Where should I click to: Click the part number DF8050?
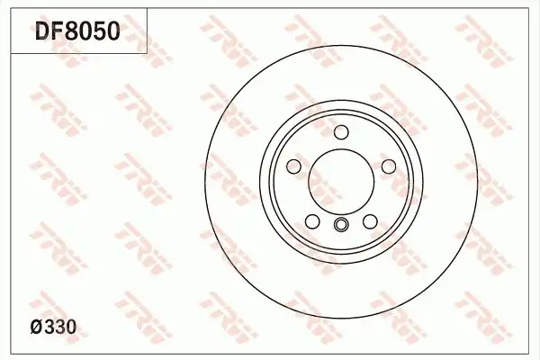tap(76, 31)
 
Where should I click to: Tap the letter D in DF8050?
tap(42, 31)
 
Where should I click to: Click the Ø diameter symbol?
tap(38, 328)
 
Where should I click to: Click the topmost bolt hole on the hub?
tap(341, 133)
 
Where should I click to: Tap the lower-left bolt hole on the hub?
tap(311, 222)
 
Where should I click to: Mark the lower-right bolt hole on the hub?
tap(370, 222)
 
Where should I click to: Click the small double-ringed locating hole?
tap(341, 225)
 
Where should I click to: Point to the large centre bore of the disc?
tap(341, 180)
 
